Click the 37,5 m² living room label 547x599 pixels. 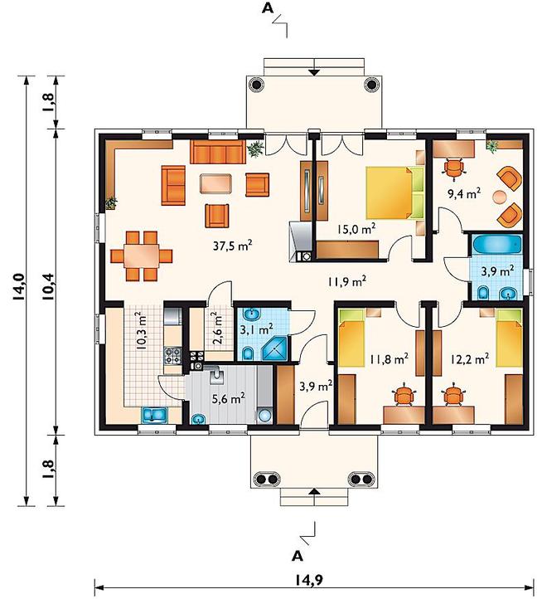click(232, 246)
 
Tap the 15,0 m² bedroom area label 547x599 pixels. click(356, 229)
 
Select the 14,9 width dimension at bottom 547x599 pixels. click(309, 580)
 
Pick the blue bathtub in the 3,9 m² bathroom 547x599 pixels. click(496, 245)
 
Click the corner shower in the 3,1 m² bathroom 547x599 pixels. click(274, 348)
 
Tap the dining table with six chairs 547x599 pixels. click(141, 256)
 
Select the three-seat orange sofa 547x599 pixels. click(218, 152)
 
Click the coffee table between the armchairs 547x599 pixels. click(215, 183)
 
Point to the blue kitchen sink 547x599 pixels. click(155, 416)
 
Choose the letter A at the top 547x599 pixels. click(268, 9)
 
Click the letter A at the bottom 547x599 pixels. click(298, 556)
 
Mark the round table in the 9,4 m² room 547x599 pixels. click(499, 197)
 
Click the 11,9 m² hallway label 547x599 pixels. click(347, 281)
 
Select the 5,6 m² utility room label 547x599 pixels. click(228, 399)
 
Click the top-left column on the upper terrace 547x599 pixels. click(256, 84)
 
